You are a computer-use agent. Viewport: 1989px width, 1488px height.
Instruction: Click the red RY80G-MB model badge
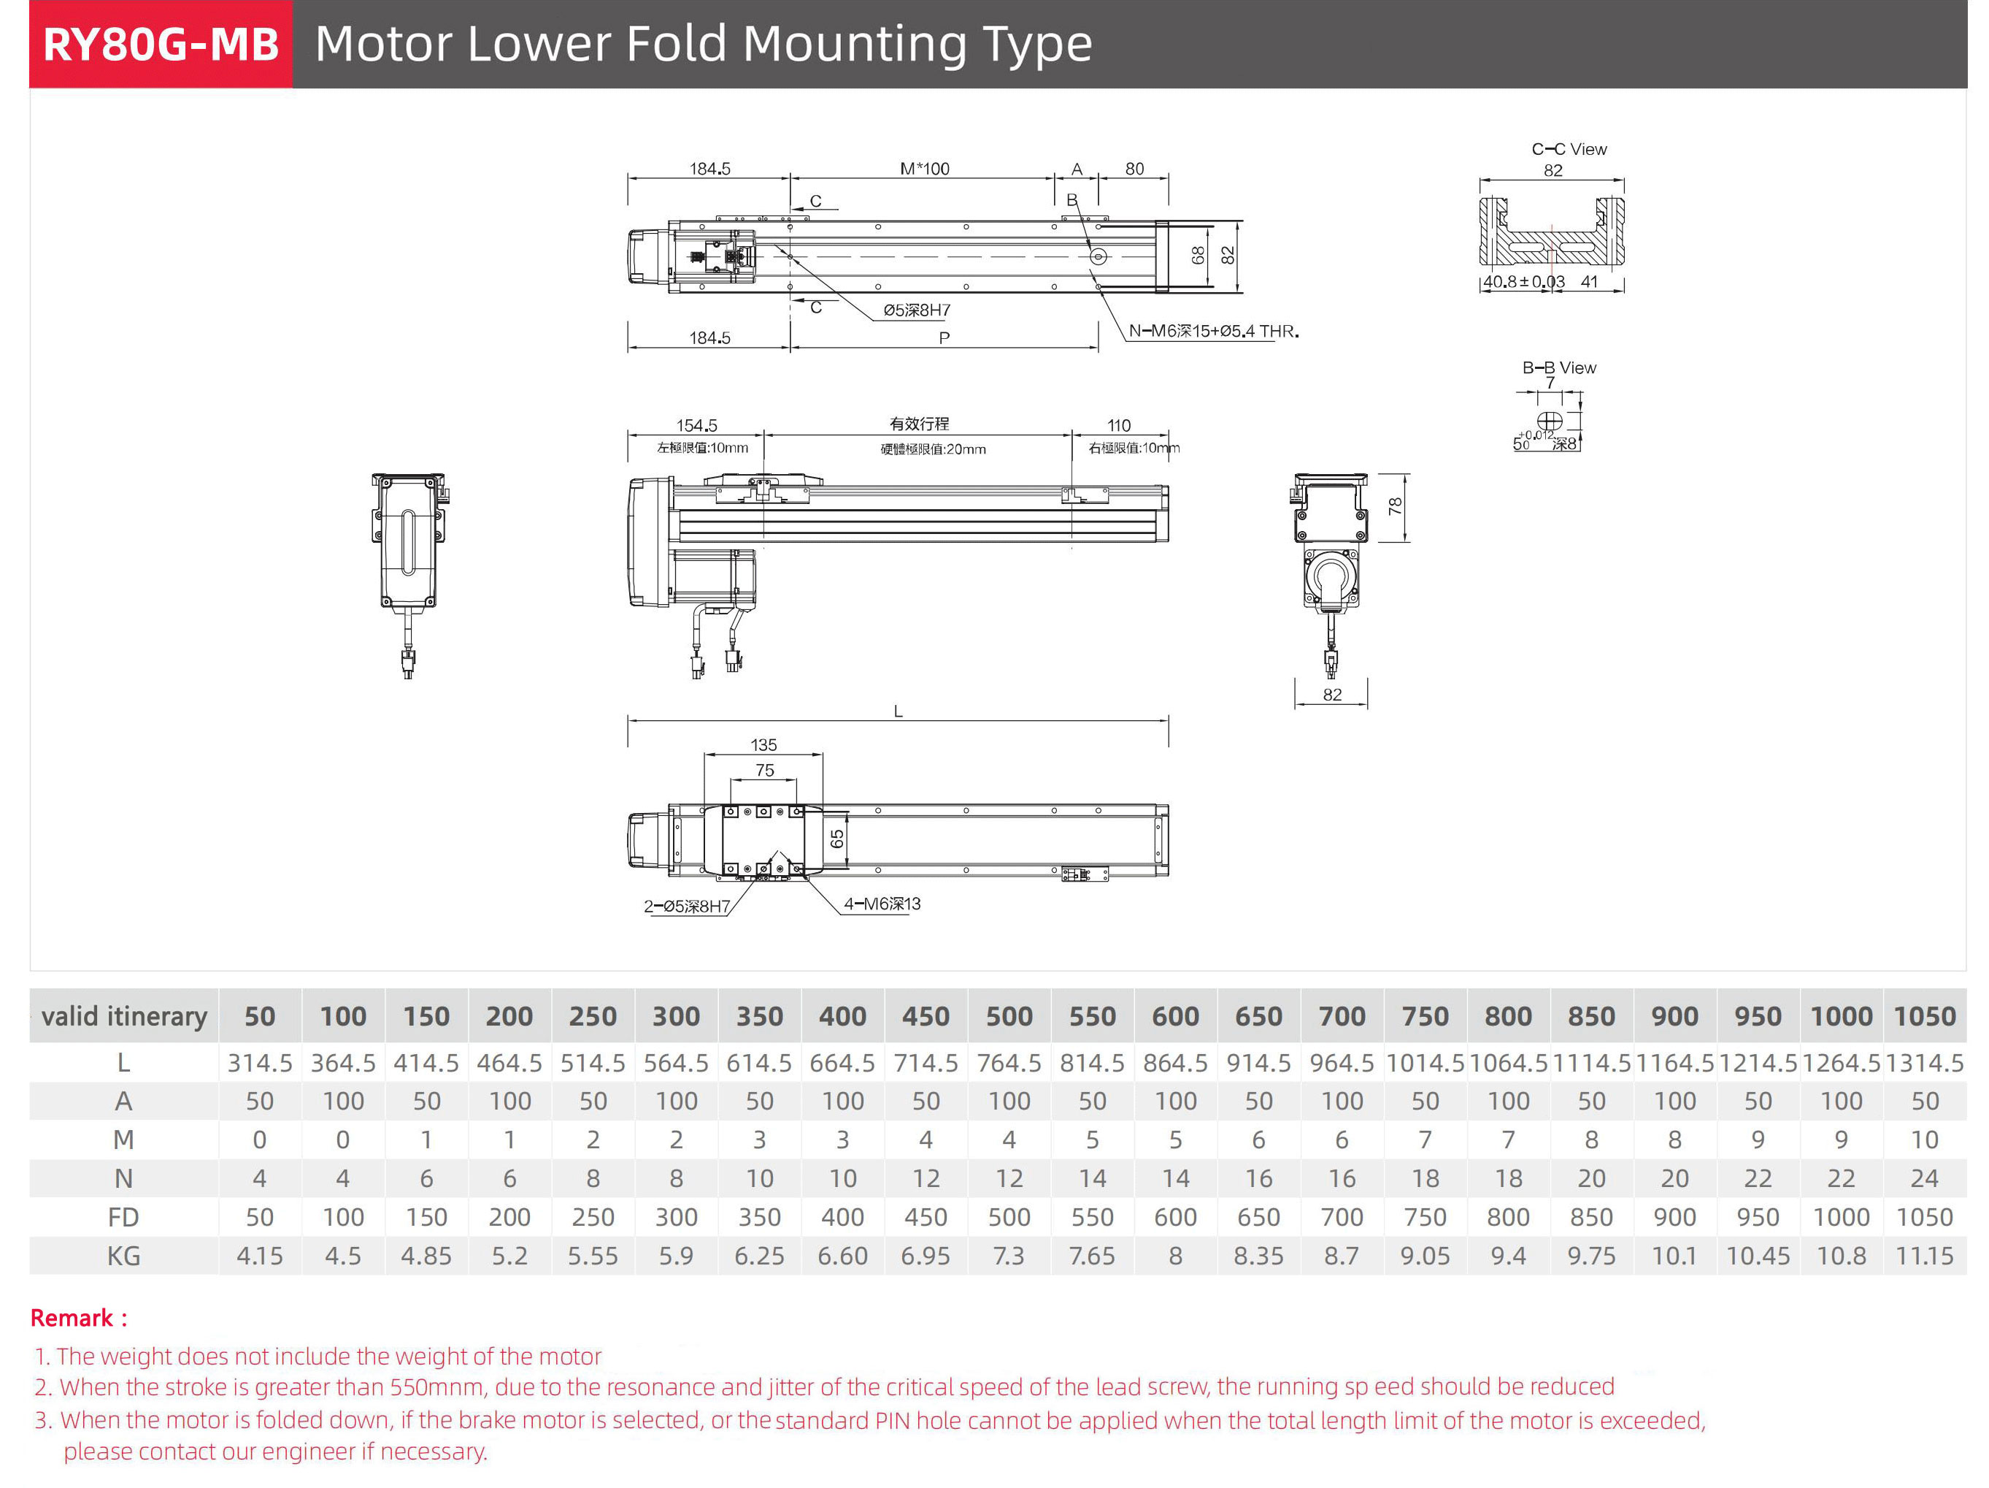pos(161,44)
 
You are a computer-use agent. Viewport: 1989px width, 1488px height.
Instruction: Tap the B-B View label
pos(1558,368)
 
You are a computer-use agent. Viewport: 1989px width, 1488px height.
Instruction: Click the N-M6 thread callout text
pos(1213,331)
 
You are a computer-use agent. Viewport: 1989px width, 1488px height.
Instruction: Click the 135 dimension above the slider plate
pos(763,745)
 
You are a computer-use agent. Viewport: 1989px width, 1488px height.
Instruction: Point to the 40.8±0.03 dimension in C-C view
pos(1523,281)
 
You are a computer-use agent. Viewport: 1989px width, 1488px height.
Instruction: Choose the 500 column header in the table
pos(1009,1017)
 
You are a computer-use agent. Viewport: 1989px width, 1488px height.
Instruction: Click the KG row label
pos(123,1256)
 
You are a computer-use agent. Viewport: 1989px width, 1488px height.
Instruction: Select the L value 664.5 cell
pos(842,1064)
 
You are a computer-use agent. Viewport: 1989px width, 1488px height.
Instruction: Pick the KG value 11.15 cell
pos(1924,1256)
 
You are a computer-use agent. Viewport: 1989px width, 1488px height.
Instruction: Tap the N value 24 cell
pos(1924,1178)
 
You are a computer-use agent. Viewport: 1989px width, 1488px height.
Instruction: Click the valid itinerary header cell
pos(124,1017)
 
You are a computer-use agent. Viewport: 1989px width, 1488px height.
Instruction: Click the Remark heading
pos(78,1318)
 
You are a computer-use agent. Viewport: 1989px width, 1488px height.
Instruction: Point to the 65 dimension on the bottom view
pos(837,839)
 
